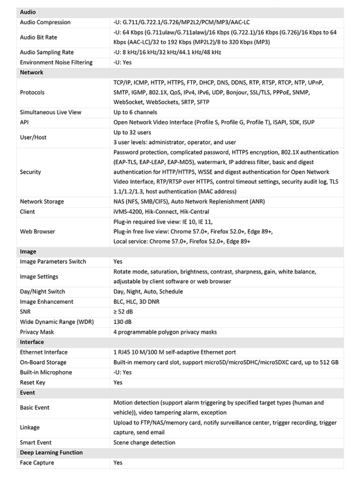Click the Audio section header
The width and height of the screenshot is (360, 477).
coord(28,12)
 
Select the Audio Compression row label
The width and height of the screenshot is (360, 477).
coord(45,22)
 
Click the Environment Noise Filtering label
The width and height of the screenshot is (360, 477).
coord(56,62)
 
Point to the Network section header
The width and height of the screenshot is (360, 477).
coord(31,73)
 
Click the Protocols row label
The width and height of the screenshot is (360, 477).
coord(33,92)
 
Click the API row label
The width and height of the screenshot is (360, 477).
coord(24,122)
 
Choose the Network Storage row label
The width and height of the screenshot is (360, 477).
coord(42,201)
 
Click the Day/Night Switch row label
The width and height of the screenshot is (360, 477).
coord(43,291)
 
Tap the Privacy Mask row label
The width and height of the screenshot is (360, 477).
coord(37,332)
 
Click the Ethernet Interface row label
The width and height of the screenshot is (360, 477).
coord(43,352)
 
